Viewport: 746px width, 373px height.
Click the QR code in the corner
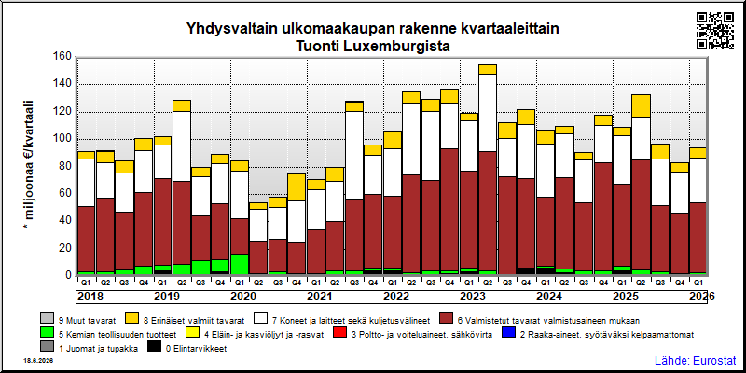point(715,31)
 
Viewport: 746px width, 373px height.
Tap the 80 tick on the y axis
point(63,166)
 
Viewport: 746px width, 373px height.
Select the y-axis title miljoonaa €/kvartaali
point(29,166)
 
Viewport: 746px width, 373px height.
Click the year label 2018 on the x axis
point(90,297)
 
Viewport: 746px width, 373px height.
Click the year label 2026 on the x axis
point(702,297)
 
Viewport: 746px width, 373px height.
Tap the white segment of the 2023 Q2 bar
point(488,113)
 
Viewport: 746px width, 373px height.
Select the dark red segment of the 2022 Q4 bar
point(449,210)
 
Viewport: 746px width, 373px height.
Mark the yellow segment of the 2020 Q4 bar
point(297,187)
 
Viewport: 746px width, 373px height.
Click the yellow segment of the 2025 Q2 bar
point(641,106)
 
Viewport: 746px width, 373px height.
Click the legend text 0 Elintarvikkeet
point(196,349)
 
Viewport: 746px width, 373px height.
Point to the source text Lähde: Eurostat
point(696,360)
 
